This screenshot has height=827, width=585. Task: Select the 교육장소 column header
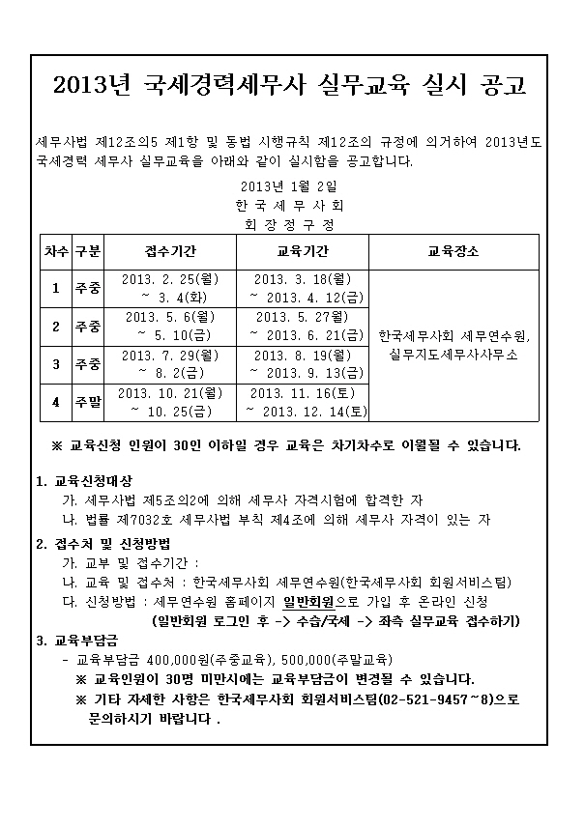coord(453,250)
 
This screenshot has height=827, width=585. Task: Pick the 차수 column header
coord(55,250)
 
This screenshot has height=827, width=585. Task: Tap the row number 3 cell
coord(55,364)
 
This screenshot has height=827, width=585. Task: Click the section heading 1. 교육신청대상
coord(84,481)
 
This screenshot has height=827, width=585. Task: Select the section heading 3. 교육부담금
coord(77,640)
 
